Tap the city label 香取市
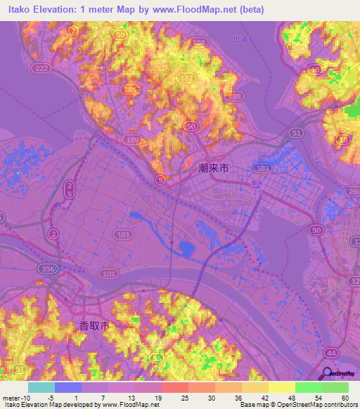coord(91,325)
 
